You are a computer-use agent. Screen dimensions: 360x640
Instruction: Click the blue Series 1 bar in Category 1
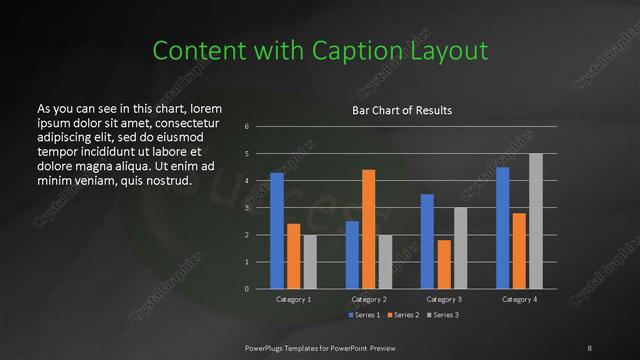click(277, 231)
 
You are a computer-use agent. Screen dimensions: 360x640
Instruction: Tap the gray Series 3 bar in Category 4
click(535, 221)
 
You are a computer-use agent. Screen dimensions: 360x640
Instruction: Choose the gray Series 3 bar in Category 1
click(310, 262)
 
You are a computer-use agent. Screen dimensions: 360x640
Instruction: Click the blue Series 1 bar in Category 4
click(502, 228)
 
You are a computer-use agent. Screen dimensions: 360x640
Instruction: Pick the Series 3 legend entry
click(445, 315)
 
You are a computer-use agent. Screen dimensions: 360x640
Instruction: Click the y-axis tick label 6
click(247, 127)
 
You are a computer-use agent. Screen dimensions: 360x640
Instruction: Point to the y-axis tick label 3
click(247, 208)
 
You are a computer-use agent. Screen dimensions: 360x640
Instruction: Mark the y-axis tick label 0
click(247, 289)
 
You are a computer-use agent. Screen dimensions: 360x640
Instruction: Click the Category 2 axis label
click(368, 299)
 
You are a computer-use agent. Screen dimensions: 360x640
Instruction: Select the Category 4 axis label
click(518, 299)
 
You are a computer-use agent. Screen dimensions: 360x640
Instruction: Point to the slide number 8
click(590, 347)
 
